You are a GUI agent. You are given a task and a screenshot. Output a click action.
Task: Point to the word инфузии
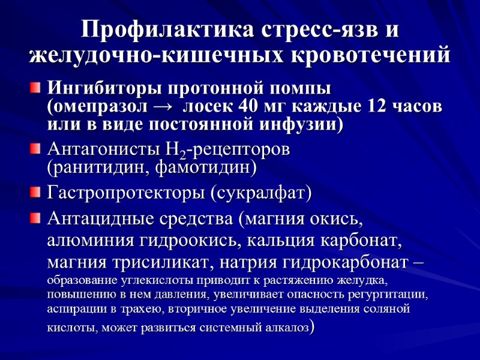[301, 124]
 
